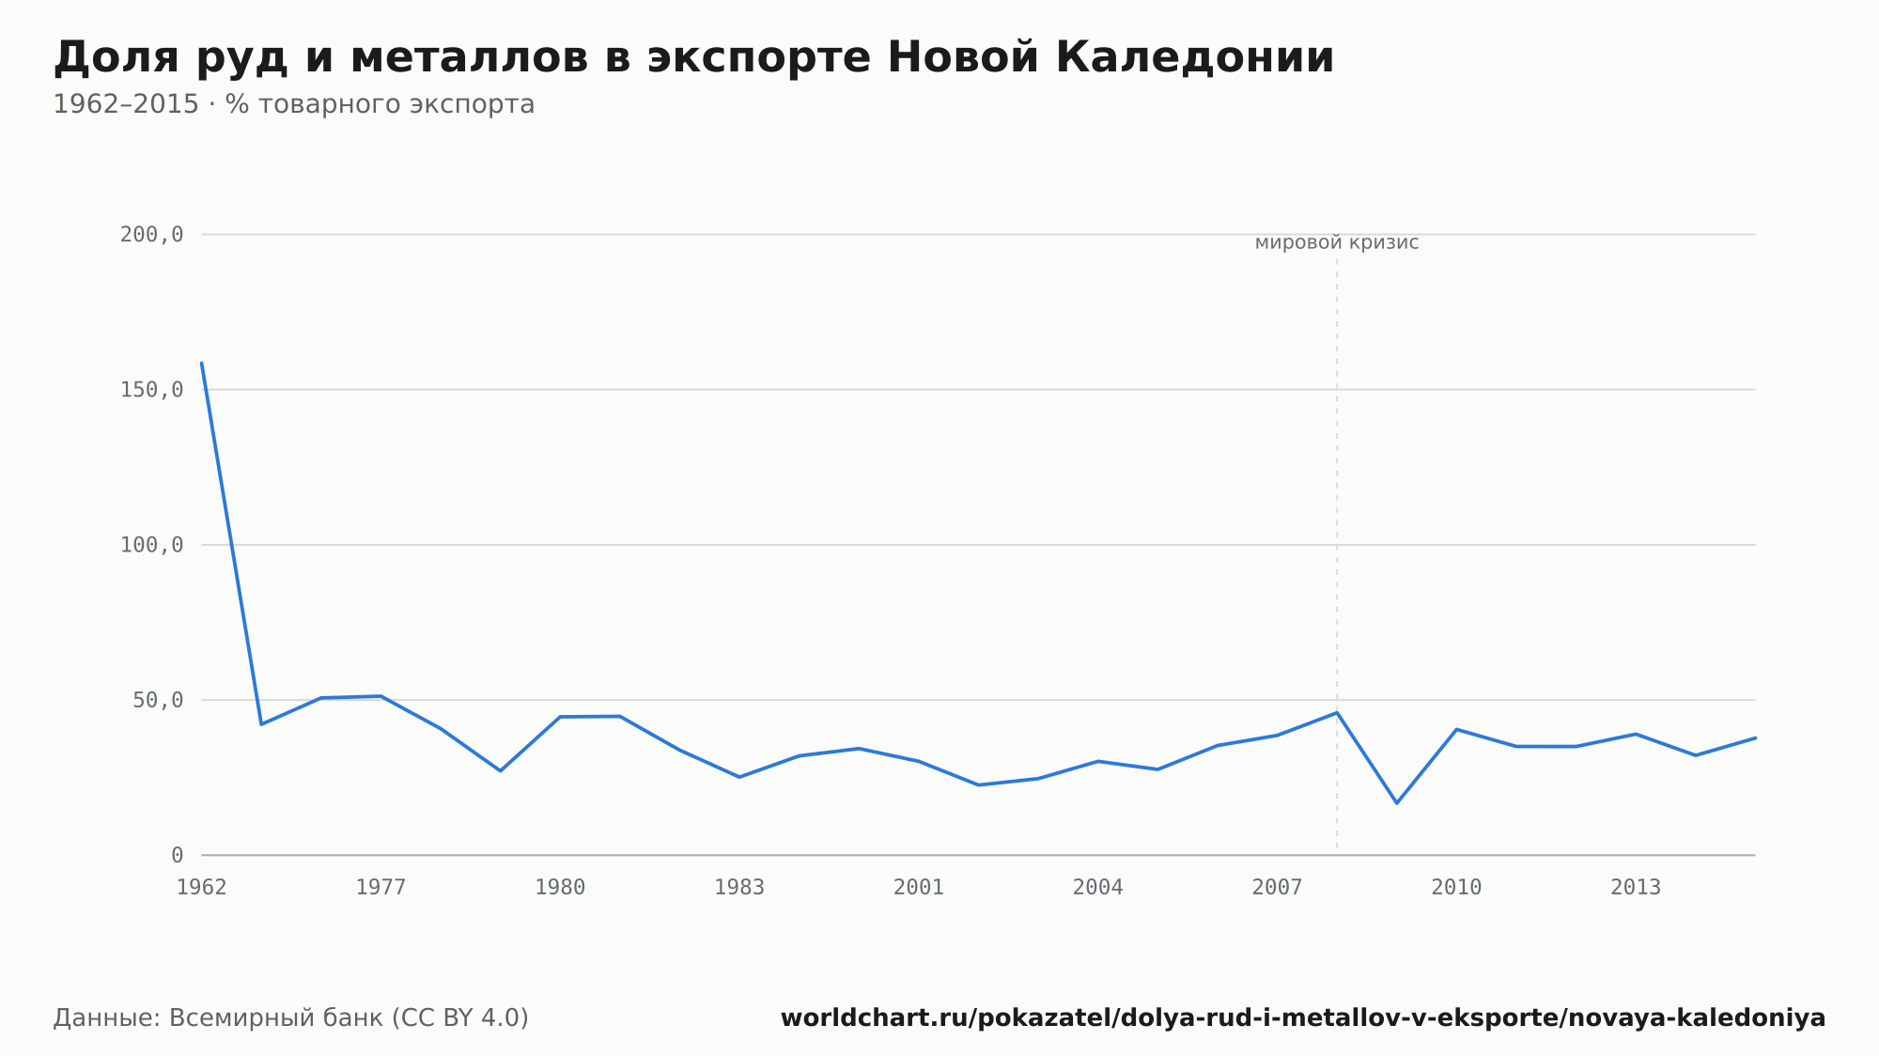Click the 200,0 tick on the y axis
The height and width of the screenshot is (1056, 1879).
point(151,235)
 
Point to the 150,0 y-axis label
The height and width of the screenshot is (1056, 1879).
point(151,390)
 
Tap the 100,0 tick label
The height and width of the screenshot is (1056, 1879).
point(151,545)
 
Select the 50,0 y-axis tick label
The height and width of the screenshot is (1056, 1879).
point(158,700)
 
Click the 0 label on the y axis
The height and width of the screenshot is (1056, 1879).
point(178,855)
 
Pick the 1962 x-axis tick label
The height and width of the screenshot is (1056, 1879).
point(202,888)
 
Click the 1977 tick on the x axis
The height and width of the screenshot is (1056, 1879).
point(380,888)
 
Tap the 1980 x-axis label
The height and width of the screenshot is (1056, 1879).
point(560,888)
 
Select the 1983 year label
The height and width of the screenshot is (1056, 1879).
point(739,888)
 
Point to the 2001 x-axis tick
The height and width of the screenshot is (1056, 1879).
point(919,888)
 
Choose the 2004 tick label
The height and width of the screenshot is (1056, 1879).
point(1098,888)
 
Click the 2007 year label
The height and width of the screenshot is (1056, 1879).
point(1278,888)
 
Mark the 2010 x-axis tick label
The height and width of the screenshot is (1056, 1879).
point(1456,888)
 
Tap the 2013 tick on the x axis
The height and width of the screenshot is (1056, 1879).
point(1636,888)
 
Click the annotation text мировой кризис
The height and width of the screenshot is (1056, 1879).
point(1337,243)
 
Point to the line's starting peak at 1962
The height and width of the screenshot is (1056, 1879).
point(202,363)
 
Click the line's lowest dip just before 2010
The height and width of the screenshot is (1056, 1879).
point(1397,803)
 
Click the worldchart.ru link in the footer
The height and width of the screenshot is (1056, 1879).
point(1303,1018)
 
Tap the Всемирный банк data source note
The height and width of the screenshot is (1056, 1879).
point(291,1018)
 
